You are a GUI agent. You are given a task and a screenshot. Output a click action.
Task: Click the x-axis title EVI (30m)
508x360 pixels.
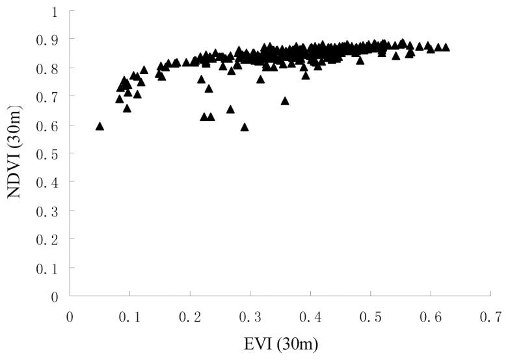point(280,343)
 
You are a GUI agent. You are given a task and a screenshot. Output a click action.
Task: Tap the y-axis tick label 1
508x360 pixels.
point(55,11)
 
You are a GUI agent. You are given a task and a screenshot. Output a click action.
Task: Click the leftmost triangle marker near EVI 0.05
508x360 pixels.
point(100,126)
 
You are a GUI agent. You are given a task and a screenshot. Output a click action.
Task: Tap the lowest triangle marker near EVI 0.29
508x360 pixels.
point(245,127)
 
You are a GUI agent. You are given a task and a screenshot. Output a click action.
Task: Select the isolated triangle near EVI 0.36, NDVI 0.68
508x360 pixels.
point(285,101)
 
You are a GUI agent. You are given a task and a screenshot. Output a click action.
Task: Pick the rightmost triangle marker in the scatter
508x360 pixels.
point(446,47)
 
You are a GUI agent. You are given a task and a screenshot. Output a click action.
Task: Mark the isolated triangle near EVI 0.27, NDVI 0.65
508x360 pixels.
point(230,109)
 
